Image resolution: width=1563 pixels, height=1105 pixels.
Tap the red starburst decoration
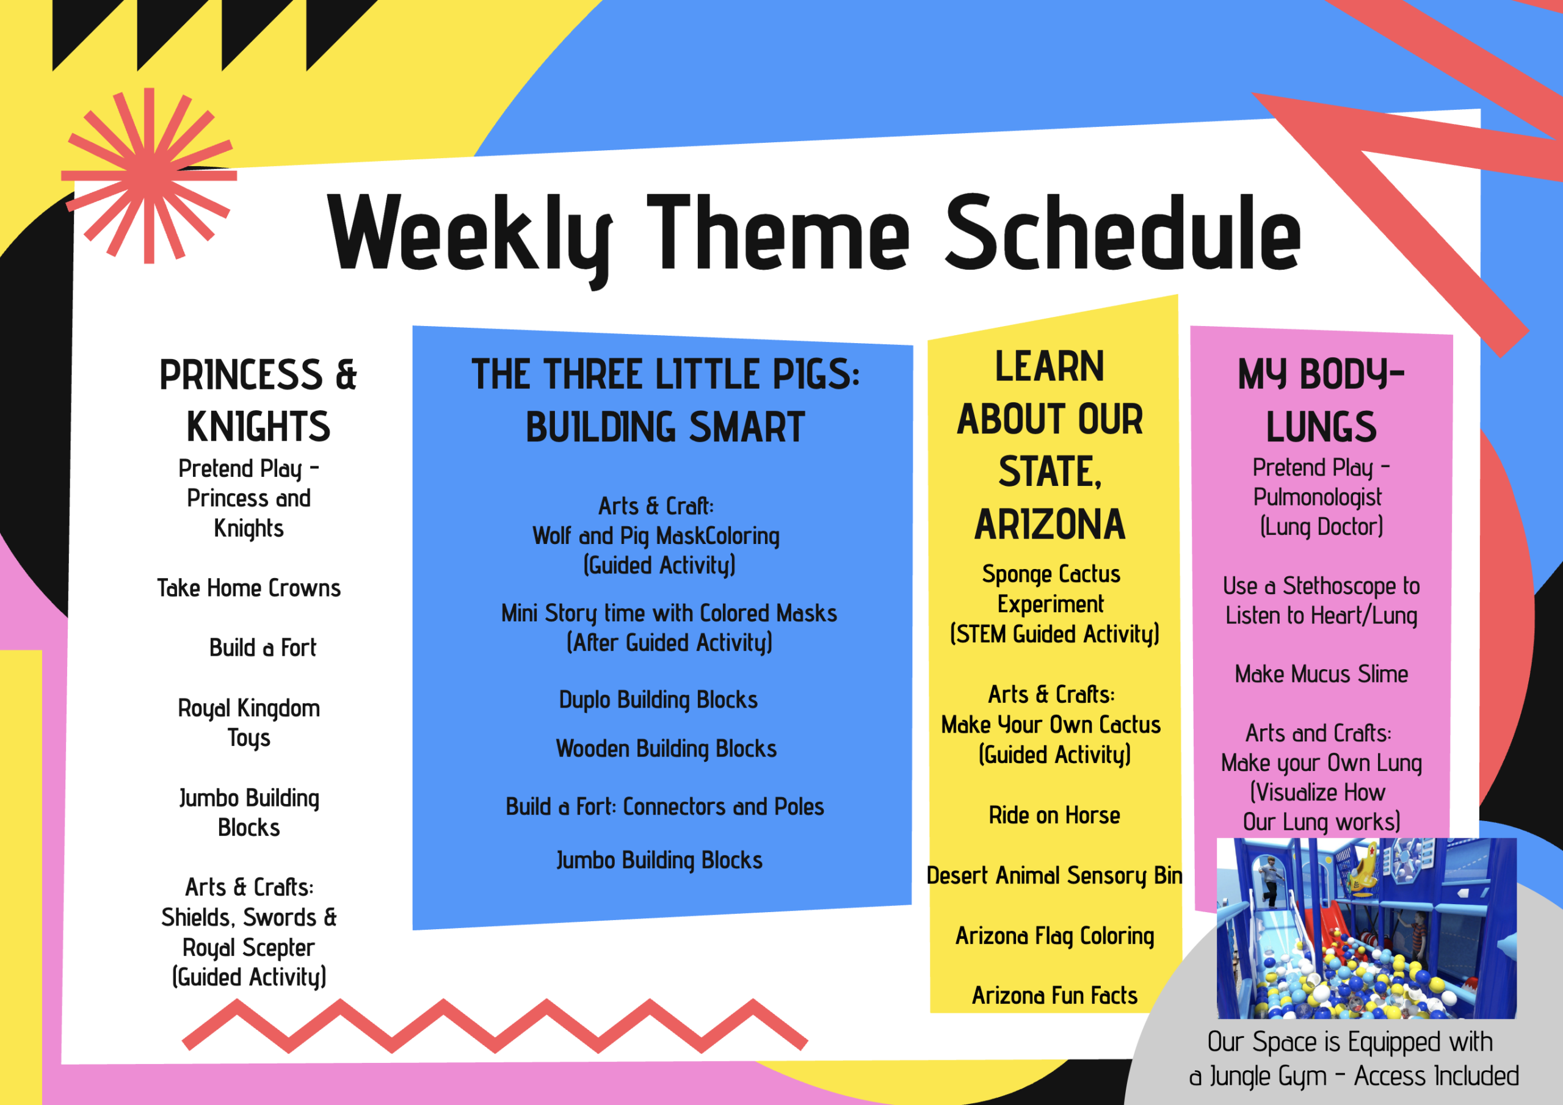pyautogui.click(x=149, y=176)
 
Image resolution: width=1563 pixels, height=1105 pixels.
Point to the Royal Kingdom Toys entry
pyautogui.click(x=249, y=723)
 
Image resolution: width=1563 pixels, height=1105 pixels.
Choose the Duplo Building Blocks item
pyautogui.click(x=658, y=700)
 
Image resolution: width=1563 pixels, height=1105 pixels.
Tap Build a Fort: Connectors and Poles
pyautogui.click(x=665, y=807)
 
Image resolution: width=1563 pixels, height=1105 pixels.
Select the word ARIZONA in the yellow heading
pyautogui.click(x=1050, y=524)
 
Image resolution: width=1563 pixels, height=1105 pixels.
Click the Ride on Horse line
pyautogui.click(x=1054, y=815)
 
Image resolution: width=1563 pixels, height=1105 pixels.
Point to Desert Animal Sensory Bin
pyautogui.click(x=1054, y=875)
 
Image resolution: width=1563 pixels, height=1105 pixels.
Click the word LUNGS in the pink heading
pyautogui.click(x=1321, y=427)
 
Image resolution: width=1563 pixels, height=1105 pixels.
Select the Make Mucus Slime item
pyautogui.click(x=1321, y=674)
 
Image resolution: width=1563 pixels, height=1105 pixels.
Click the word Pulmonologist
pyautogui.click(x=1317, y=498)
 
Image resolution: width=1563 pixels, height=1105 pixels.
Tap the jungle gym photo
pyautogui.click(x=1366, y=929)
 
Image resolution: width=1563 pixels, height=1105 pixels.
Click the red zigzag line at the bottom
pyautogui.click(x=495, y=1027)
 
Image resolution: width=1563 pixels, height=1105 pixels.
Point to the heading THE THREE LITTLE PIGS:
pyautogui.click(x=665, y=374)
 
